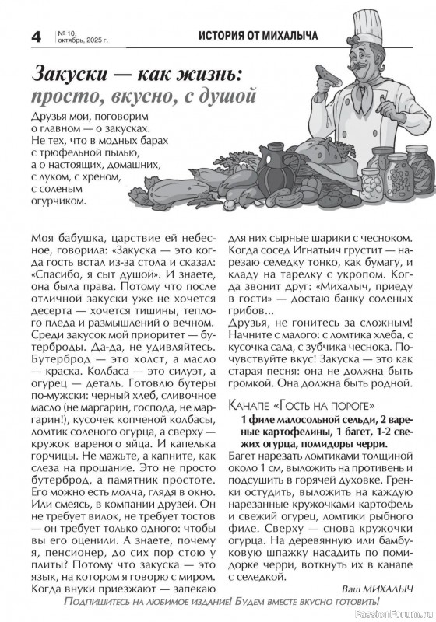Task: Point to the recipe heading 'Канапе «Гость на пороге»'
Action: point(303,405)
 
